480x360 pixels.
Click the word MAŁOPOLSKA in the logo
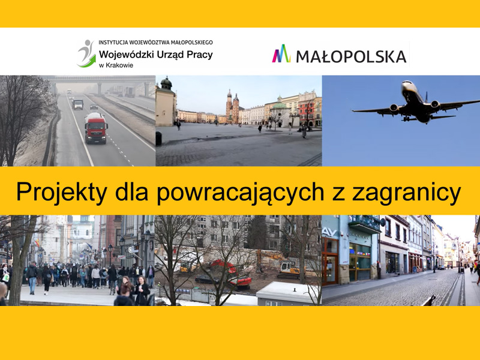pyautogui.click(x=351, y=56)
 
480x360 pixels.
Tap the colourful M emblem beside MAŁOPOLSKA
pyautogui.click(x=281, y=53)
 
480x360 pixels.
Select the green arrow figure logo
pyautogui.click(x=86, y=53)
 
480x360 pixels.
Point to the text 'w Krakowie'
pyautogui.click(x=116, y=65)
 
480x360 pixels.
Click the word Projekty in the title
pyautogui.click(x=62, y=193)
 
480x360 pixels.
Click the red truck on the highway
pyautogui.click(x=96, y=128)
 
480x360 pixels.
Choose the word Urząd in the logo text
pyautogui.click(x=168, y=55)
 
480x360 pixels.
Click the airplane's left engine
pyautogui.click(x=394, y=109)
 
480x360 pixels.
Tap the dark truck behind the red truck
pyautogui.click(x=78, y=104)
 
